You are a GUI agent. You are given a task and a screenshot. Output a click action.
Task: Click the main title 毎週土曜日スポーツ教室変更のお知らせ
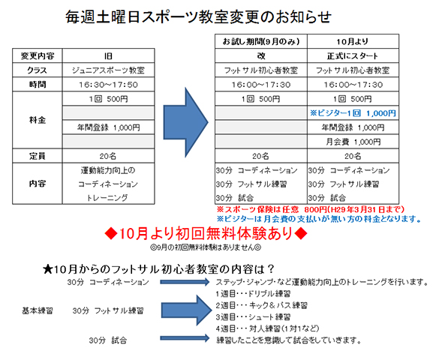tap(199, 17)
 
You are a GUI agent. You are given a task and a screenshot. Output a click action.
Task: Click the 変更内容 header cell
tap(38, 56)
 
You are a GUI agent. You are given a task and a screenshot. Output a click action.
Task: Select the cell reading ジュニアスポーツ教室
tap(108, 70)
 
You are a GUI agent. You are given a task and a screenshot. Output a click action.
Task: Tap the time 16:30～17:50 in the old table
tap(108, 85)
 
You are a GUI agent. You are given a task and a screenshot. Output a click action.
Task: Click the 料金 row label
tap(38, 120)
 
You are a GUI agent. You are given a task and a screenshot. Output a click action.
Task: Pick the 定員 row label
tap(38, 156)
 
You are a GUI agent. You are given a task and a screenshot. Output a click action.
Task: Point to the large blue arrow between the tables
tap(186, 122)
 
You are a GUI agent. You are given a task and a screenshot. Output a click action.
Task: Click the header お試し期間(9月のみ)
tap(261, 42)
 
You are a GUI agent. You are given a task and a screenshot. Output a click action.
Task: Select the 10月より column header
tap(353, 42)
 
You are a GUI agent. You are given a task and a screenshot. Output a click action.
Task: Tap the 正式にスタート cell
tap(353, 56)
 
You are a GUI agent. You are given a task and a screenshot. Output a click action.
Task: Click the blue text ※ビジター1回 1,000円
tap(353, 113)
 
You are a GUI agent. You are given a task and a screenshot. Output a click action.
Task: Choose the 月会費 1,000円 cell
tap(353, 142)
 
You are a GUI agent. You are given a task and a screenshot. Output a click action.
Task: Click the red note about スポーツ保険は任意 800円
tap(311, 209)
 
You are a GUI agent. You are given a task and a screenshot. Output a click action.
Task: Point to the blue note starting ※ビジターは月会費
tap(319, 219)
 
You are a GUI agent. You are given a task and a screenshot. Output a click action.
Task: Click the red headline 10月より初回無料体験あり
tap(206, 233)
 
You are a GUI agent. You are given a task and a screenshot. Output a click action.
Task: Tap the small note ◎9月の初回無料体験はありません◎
tap(206, 247)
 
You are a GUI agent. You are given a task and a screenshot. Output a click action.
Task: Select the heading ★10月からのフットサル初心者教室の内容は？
tap(158, 269)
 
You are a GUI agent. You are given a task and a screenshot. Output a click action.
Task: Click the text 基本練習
tap(38, 310)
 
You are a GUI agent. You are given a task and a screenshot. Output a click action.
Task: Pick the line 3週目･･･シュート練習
tap(253, 317)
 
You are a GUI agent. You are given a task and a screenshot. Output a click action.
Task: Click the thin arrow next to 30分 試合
tap(185, 338)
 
